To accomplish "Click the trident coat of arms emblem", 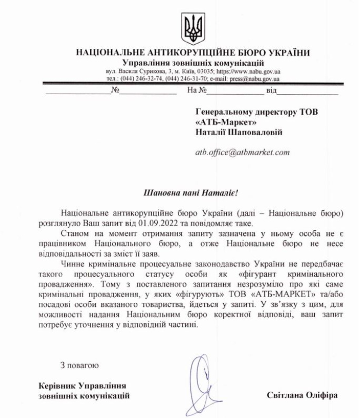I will [x=194, y=26].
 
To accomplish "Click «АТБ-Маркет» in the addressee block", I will [x=226, y=122].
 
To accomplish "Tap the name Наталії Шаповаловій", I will [x=240, y=132].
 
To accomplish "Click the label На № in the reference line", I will [x=197, y=90].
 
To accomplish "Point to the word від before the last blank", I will [x=271, y=90].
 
